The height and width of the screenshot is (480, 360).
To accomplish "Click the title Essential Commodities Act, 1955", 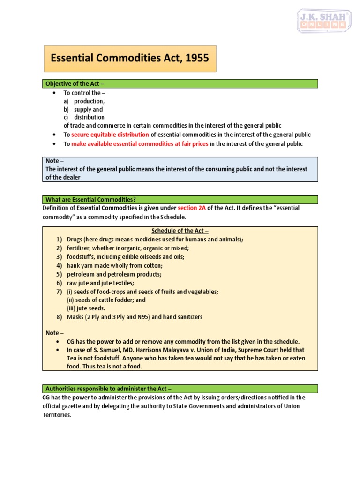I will click(130, 59).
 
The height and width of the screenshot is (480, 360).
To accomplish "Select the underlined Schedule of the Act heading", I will click(180, 231).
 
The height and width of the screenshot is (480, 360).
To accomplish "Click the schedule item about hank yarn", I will click(115, 265).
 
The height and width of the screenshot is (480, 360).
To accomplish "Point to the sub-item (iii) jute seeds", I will click(86, 308).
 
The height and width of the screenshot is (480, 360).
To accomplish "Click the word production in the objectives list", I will click(89, 101).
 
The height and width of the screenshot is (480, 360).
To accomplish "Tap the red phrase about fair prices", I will click(140, 144).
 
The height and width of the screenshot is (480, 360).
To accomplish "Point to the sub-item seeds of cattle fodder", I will click(106, 300).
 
